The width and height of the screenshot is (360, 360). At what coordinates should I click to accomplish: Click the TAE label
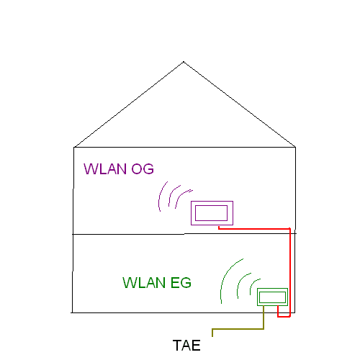[186, 346]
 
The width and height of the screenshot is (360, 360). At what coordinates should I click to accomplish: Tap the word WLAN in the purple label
[105, 168]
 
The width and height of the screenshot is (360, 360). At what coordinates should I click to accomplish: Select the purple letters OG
[143, 168]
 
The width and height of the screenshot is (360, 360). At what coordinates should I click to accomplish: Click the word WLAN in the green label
[144, 282]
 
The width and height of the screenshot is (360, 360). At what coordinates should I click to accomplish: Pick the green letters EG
[181, 282]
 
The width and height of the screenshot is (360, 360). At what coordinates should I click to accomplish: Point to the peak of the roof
[184, 62]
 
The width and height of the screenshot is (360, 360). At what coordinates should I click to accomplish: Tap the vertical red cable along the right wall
[290, 272]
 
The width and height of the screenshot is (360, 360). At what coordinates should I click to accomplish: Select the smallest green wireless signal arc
[253, 284]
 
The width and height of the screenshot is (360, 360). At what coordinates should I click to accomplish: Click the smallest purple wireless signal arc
[181, 196]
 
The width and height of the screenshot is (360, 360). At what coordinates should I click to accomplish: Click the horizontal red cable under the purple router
[254, 229]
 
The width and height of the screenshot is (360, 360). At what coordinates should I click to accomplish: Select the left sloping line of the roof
[129, 104]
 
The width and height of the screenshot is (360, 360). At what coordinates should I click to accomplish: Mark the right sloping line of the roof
[240, 104]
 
